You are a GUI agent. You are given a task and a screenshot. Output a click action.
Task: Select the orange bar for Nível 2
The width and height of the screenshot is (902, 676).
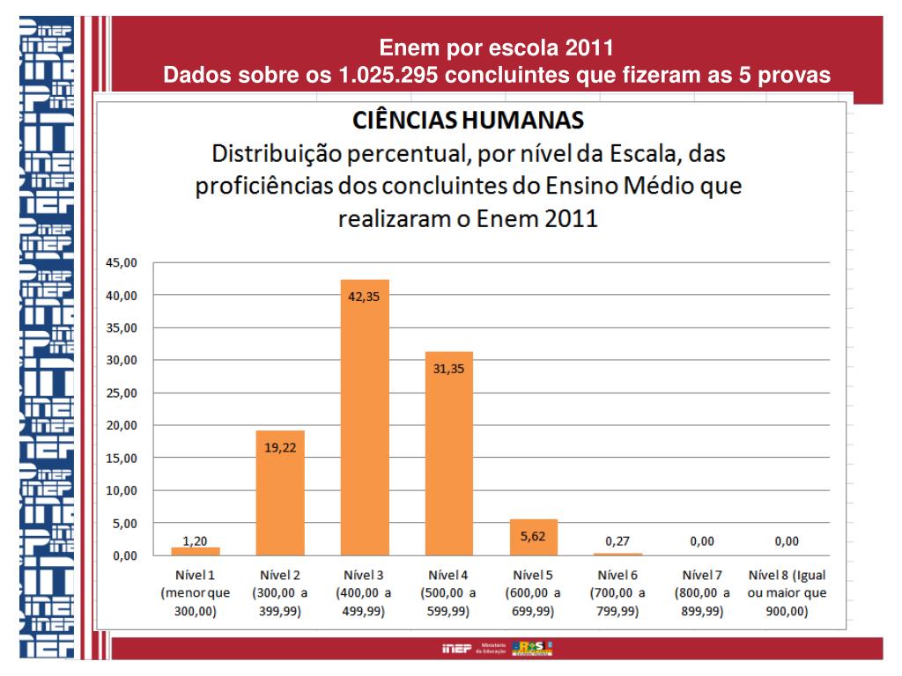tap(280, 493)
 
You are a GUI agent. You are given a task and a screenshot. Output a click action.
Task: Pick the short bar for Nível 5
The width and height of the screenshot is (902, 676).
tap(533, 537)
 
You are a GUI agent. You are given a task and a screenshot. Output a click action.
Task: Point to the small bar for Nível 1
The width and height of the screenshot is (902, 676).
tap(196, 551)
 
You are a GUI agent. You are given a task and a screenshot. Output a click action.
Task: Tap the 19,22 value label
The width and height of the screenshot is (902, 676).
tap(280, 447)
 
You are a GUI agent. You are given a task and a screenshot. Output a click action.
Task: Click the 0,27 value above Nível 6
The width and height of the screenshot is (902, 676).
tap(617, 541)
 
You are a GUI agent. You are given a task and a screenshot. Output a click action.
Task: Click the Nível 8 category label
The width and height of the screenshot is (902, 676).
tap(787, 593)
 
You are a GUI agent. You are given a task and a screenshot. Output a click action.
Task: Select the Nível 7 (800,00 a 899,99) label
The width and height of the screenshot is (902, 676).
tap(702, 593)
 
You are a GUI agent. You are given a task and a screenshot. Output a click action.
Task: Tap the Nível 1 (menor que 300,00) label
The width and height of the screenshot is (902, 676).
tap(196, 593)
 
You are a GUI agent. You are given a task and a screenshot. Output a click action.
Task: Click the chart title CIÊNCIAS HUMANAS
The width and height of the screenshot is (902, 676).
tap(468, 117)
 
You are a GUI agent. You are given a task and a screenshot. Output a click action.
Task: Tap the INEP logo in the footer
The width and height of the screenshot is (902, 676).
tap(456, 650)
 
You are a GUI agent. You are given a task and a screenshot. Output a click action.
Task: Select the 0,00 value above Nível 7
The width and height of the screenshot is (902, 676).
tap(702, 541)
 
